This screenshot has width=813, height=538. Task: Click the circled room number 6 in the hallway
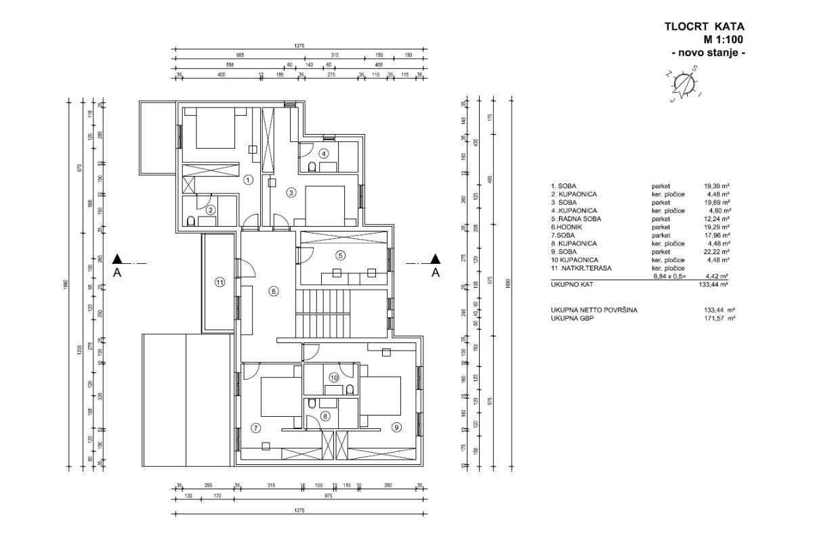274,292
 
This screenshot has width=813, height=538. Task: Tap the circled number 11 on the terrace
219,282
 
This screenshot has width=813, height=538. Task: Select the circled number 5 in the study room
340,255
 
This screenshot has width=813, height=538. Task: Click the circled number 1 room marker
248,179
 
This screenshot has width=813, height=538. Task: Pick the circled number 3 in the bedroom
291,192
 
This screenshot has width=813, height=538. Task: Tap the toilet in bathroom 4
312,166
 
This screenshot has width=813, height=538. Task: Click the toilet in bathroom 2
192,221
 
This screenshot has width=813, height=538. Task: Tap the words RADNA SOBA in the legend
577,219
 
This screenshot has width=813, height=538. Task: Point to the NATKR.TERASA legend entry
577,268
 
